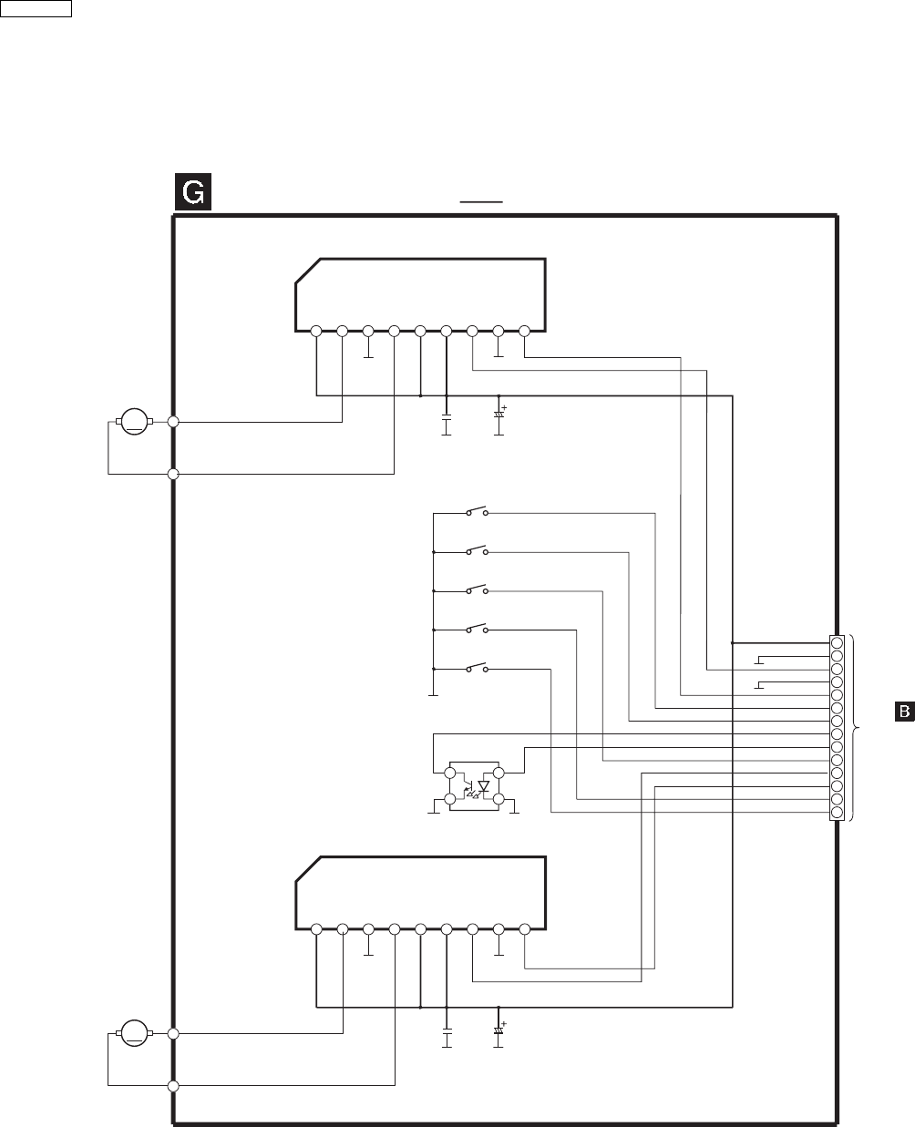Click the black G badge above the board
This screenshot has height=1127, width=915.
pos(193,193)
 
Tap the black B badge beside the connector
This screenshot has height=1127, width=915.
pos(902,711)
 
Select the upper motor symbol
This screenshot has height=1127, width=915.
pos(135,421)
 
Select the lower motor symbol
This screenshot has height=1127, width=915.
pos(135,1033)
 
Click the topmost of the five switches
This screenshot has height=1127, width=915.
pos(477,511)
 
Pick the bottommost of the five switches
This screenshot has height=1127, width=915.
pos(477,668)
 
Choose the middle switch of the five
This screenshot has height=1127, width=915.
pos(477,589)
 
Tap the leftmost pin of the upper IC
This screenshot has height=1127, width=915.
pos(315,331)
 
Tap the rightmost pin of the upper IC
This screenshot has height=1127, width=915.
pos(525,331)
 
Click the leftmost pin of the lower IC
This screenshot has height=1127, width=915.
pos(315,929)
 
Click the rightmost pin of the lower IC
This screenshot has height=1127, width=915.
pos(525,929)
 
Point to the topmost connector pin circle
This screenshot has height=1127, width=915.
pos(837,642)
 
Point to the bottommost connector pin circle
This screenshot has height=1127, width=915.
pos(837,813)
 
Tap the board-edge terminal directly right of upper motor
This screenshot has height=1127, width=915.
pos(173,421)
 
